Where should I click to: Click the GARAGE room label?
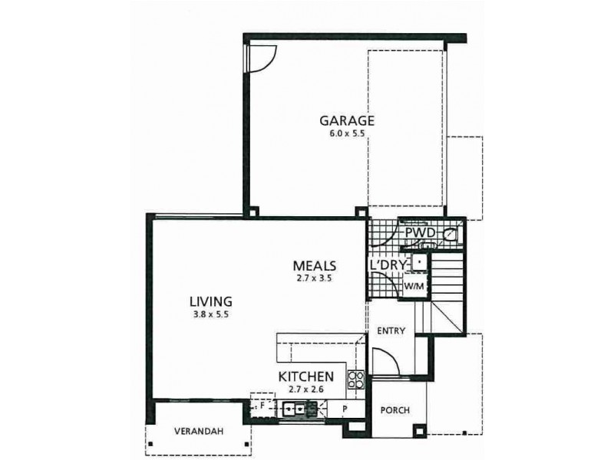pos(346,120)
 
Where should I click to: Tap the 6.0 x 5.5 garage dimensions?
pos(346,133)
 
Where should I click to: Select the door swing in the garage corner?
pos(259,57)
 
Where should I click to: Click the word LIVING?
pos(211,301)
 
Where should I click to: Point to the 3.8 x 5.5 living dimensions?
pos(211,314)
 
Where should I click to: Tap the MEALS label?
pos(315,265)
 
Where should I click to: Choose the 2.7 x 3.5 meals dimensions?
pos(315,278)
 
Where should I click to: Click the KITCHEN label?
pos(305,376)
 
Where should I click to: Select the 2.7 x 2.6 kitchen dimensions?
pos(305,389)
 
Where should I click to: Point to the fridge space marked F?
pos(262,404)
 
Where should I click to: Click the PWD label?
pos(420,232)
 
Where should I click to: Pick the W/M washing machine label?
pos(414,285)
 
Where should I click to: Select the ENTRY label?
pos(391,331)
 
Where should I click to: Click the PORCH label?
pos(394,410)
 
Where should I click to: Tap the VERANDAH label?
pos(197,432)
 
